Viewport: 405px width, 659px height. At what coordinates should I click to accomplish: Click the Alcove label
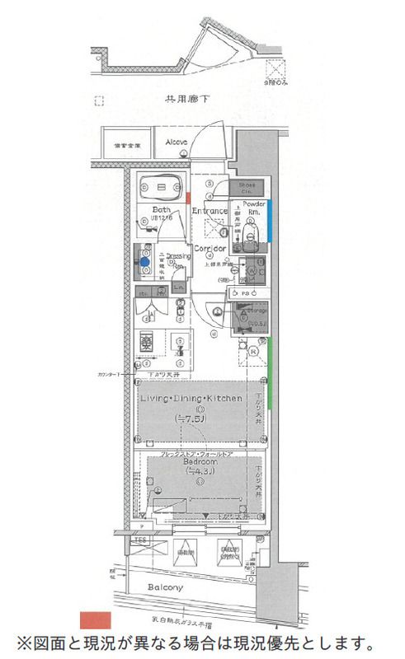click(176, 142)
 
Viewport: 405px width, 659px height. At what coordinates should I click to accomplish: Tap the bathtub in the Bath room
click(160, 189)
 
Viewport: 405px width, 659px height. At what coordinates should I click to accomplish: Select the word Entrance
click(210, 211)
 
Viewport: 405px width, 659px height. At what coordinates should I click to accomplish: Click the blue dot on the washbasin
click(144, 262)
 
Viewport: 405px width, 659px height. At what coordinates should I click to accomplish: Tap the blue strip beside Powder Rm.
click(269, 221)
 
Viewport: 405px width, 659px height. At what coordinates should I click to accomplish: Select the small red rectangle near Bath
click(189, 199)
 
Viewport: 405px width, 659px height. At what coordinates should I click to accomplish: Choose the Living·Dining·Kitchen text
click(191, 398)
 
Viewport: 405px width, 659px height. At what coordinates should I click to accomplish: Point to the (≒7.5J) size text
click(191, 419)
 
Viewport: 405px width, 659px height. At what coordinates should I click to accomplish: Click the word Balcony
click(166, 588)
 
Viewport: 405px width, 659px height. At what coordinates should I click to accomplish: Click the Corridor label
click(210, 248)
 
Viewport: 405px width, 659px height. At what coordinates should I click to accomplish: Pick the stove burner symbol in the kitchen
click(146, 342)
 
